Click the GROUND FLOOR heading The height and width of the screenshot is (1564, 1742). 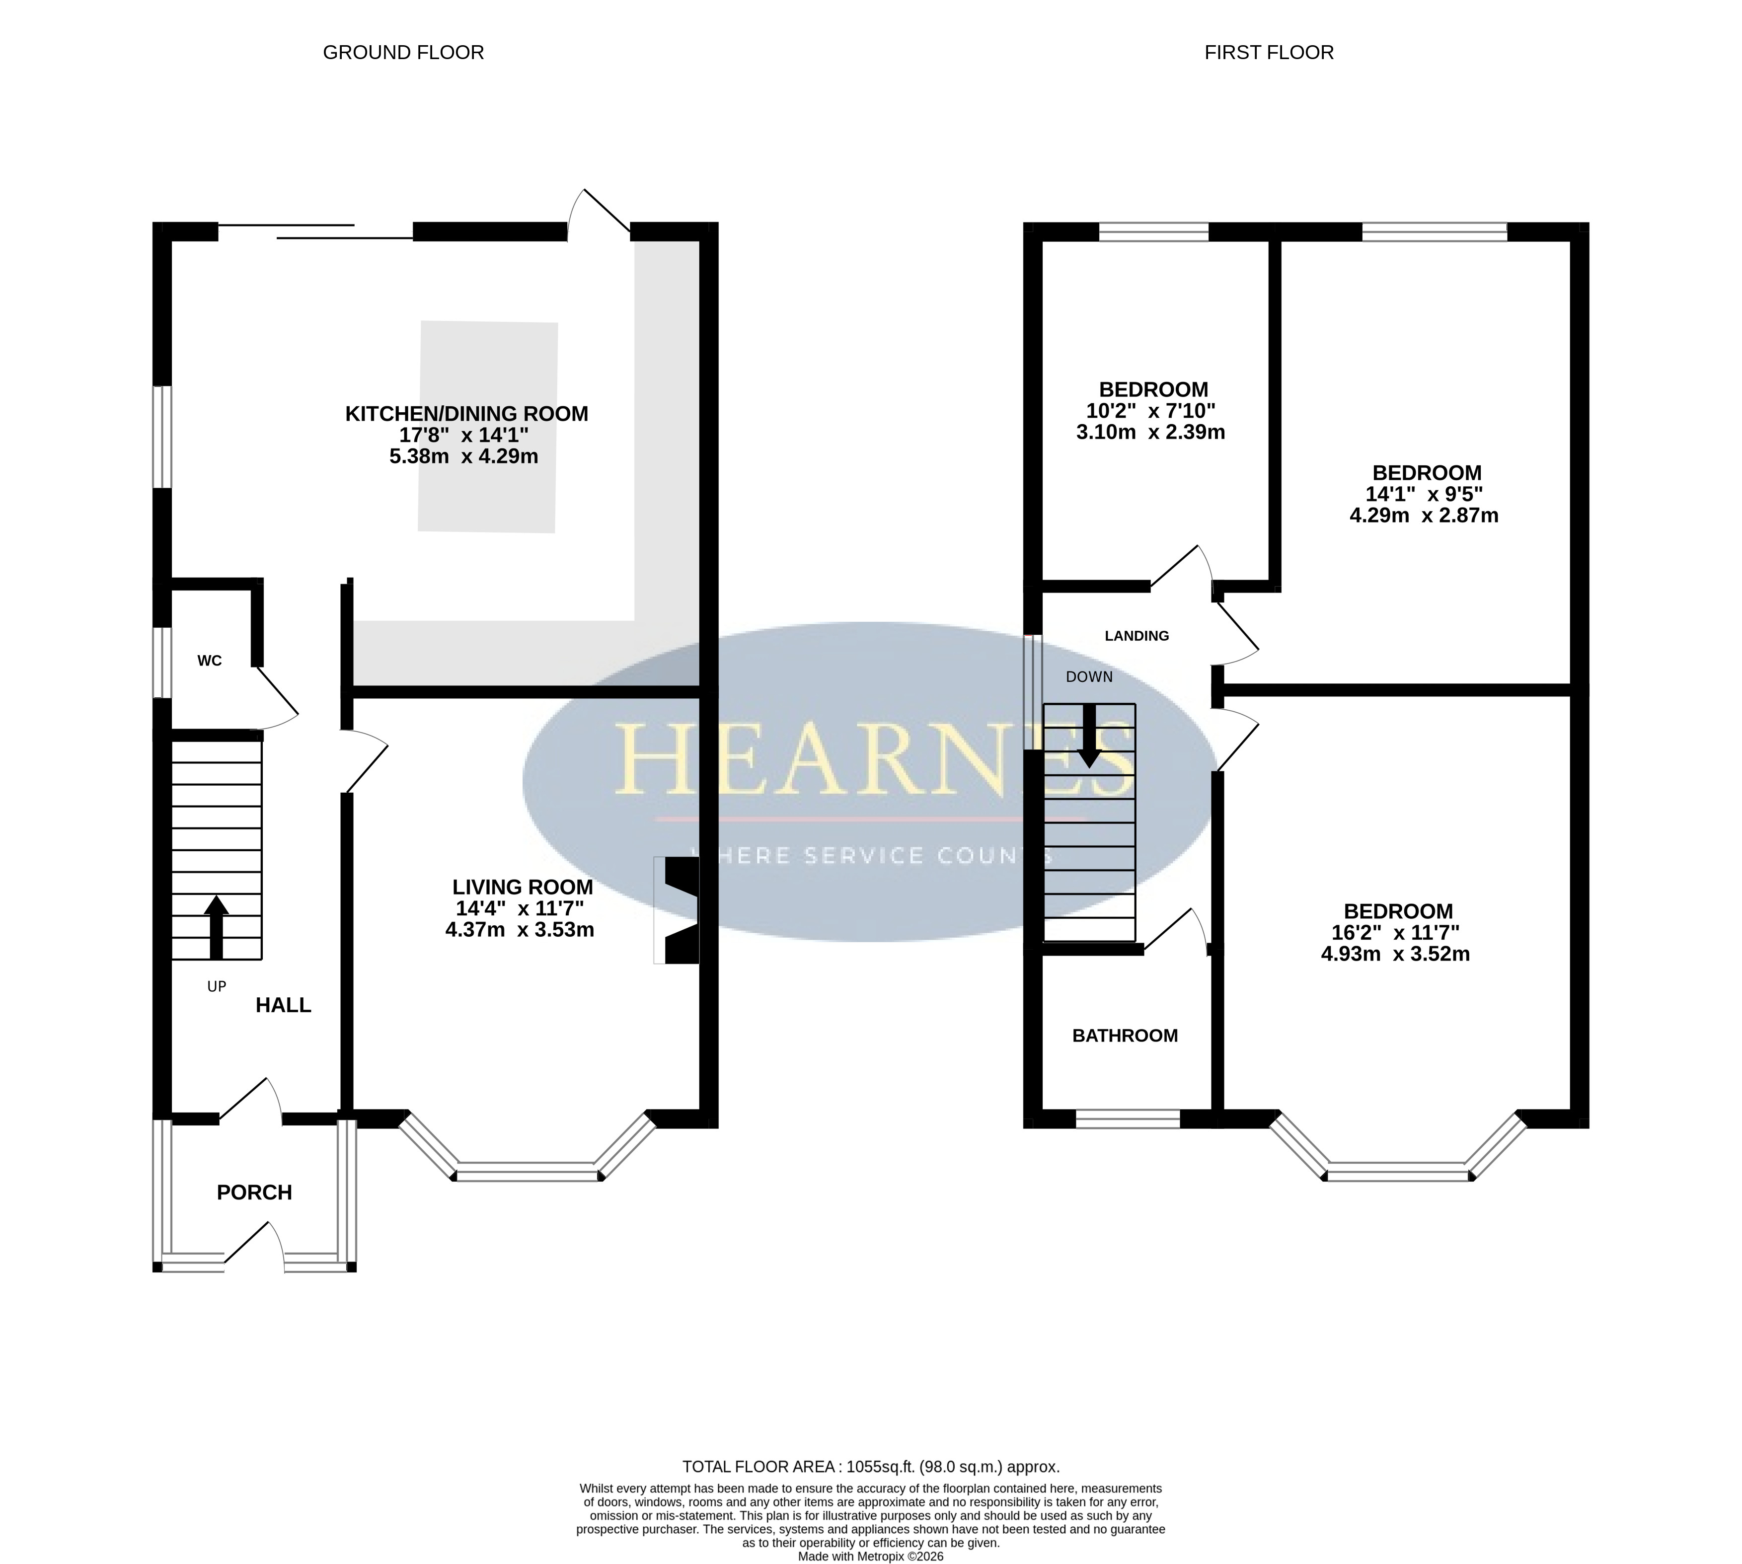click(403, 53)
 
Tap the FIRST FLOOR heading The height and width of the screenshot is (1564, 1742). click(1269, 53)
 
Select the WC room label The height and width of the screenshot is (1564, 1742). click(210, 661)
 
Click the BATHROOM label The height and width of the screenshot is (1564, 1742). click(1125, 1036)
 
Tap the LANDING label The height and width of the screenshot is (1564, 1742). click(1137, 636)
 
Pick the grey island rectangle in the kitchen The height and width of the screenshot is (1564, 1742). click(487, 427)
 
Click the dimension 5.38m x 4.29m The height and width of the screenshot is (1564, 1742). click(464, 456)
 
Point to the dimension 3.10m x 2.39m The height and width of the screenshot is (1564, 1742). click(1151, 432)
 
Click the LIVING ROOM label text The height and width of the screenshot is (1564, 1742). click(523, 887)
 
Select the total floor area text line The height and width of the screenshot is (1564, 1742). click(871, 1467)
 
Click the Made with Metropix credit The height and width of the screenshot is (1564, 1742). click(871, 1556)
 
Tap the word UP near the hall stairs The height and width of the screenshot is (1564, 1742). click(217, 986)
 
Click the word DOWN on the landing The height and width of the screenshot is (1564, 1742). click(1089, 677)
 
